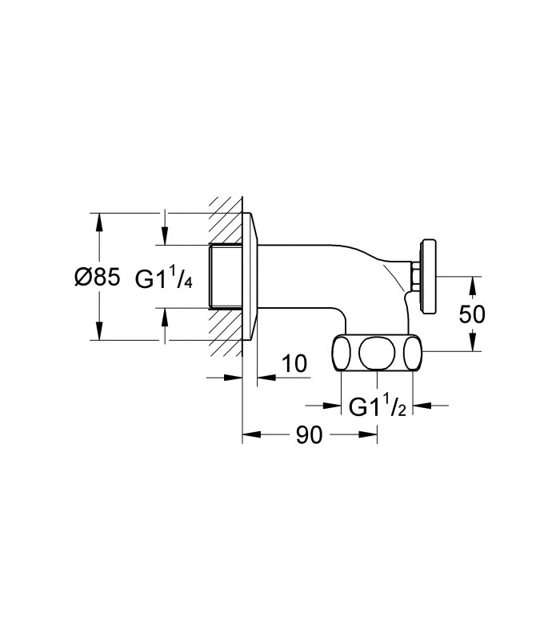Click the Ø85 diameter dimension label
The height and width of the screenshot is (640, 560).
tap(98, 278)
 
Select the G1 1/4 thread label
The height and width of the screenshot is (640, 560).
tap(163, 278)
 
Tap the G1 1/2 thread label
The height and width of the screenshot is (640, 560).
tap(377, 406)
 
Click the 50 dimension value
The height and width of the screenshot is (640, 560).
tap(472, 314)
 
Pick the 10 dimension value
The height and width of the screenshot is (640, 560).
tap(294, 363)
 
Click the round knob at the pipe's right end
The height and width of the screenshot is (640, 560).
tap(430, 277)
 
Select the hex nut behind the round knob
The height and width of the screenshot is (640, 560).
tap(415, 277)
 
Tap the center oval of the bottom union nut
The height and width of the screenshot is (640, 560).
tap(377, 353)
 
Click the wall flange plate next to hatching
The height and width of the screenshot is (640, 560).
tap(250, 276)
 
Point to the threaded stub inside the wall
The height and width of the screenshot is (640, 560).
tap(226, 276)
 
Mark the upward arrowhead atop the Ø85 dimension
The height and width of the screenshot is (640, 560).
tap(98, 222)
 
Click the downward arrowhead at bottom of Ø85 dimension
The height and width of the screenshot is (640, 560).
tap(98, 330)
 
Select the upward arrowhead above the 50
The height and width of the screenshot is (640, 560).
tap(472, 286)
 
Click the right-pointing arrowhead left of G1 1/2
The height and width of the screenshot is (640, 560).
tap(331, 406)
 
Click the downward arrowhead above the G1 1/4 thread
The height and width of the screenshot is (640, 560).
tap(165, 235)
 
